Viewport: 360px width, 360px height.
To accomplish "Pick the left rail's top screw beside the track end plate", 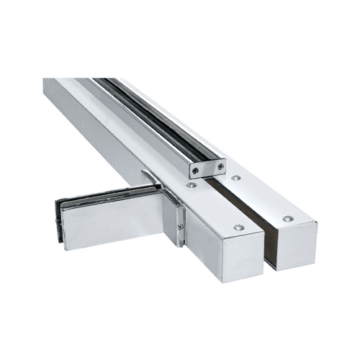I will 192,185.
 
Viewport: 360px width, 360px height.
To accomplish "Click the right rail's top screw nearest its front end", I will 287,218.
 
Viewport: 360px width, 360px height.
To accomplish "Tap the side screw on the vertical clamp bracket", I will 180,228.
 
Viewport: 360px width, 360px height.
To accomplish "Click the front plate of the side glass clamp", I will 108,223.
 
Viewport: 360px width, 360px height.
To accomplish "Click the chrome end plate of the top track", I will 207,169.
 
